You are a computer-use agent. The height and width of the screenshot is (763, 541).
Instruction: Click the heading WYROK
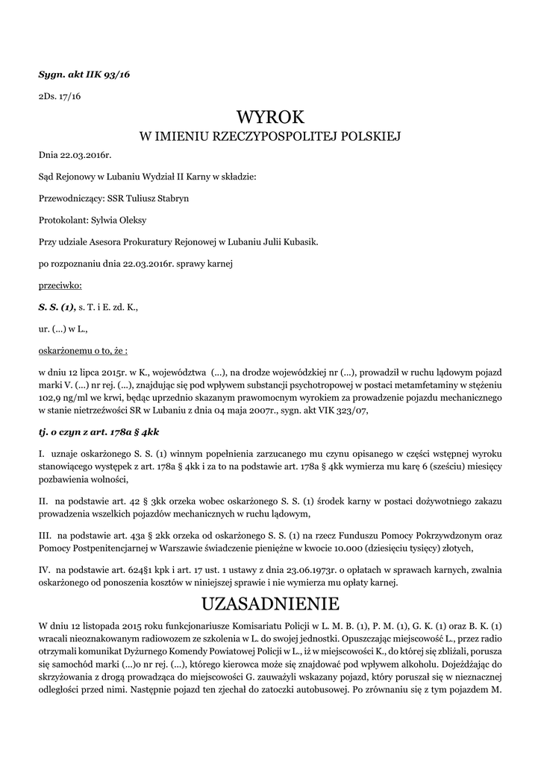pos(270,117)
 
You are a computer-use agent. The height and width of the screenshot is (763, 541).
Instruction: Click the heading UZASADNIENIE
pos(270,602)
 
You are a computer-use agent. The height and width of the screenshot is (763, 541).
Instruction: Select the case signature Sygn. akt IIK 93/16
pos(84,75)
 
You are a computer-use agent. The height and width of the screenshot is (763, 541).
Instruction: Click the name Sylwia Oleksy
pos(119,221)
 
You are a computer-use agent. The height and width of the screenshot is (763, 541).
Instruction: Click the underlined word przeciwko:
pos(60,285)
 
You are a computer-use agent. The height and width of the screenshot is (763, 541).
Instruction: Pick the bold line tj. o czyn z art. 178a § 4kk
pos(98,431)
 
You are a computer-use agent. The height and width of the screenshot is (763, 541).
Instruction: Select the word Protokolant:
pos(63,221)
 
